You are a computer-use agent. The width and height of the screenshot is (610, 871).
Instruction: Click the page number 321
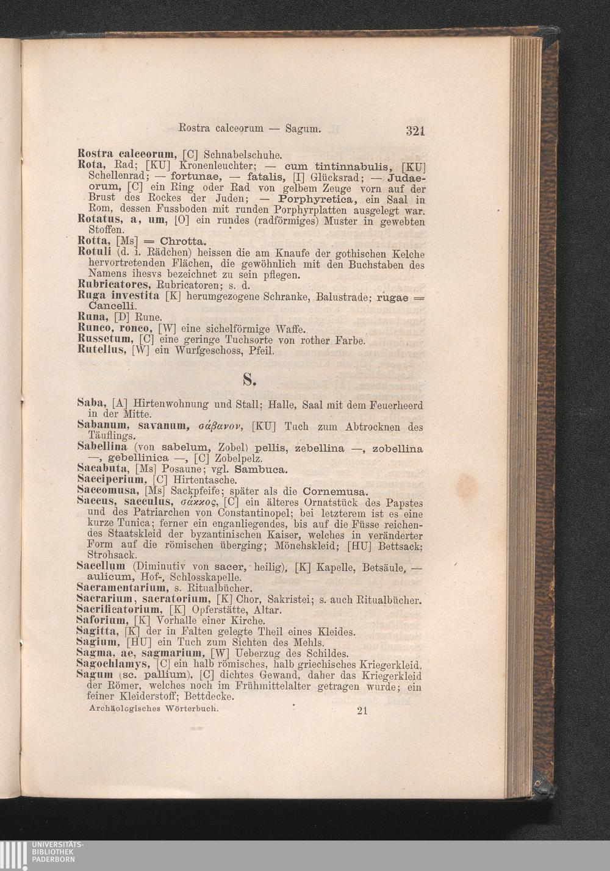click(415, 130)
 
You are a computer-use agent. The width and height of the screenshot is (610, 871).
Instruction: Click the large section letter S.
click(248, 381)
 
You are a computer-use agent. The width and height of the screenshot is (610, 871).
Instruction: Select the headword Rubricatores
click(113, 285)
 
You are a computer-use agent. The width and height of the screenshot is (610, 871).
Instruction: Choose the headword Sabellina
click(102, 448)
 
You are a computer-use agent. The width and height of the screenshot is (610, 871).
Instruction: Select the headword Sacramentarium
click(122, 587)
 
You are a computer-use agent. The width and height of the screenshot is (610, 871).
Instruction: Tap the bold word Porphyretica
click(316, 199)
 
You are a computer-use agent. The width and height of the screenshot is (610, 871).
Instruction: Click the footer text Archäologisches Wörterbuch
click(153, 709)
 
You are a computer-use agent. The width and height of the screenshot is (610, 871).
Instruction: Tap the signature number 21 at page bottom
click(362, 710)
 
